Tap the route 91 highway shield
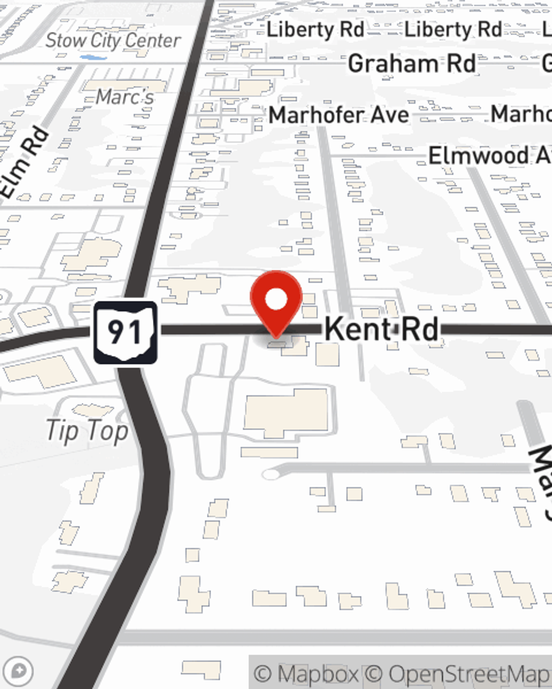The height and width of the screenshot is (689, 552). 125,332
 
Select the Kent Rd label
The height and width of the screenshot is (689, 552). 381,329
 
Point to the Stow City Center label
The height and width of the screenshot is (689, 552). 113,40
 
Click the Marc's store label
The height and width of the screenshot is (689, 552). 125,97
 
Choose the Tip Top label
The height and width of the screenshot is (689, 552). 87,431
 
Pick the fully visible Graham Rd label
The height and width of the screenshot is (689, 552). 412,64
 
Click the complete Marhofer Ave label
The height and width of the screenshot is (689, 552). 339,115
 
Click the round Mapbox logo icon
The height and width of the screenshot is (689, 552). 19,671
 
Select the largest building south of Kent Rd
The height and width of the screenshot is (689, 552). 287,413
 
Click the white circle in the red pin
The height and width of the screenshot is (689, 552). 276,299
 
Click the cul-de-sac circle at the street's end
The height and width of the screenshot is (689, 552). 270,474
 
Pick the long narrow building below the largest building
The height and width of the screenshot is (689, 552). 269,453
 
